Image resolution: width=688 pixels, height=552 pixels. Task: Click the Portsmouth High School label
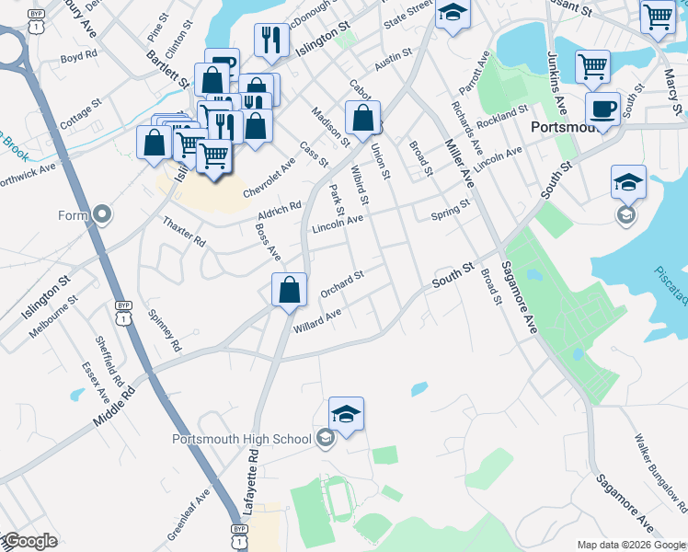pos(242,438)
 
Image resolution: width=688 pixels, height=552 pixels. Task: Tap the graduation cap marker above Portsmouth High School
pos(346,414)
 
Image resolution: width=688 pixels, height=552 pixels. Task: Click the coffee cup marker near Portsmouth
pos(602,109)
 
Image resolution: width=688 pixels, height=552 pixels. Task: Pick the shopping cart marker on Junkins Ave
pos(593,65)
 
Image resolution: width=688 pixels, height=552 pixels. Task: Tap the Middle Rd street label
pos(114,406)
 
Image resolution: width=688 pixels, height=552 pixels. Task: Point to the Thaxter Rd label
pos(184,230)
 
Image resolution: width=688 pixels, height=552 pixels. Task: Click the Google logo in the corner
pos(29,541)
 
